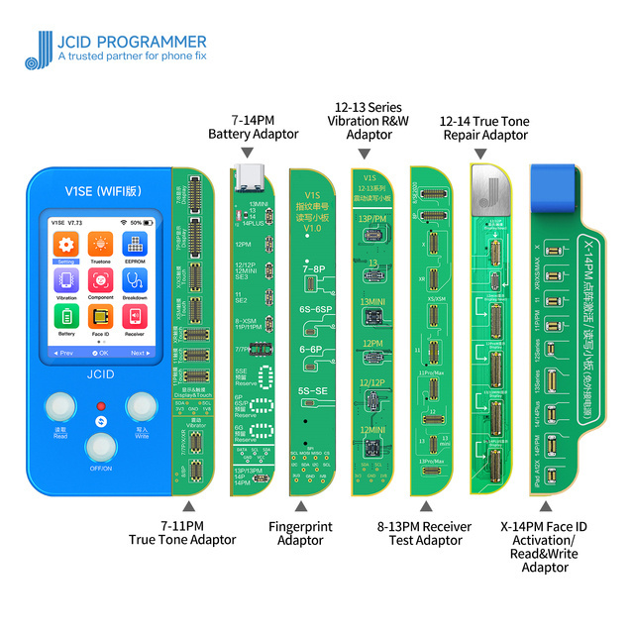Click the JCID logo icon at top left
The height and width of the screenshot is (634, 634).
(36, 50)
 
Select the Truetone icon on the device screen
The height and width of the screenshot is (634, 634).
(99, 246)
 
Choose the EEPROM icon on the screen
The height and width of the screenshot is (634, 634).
(136, 246)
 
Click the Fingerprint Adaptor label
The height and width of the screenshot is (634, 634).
(301, 533)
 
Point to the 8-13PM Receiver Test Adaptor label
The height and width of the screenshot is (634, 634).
(424, 533)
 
